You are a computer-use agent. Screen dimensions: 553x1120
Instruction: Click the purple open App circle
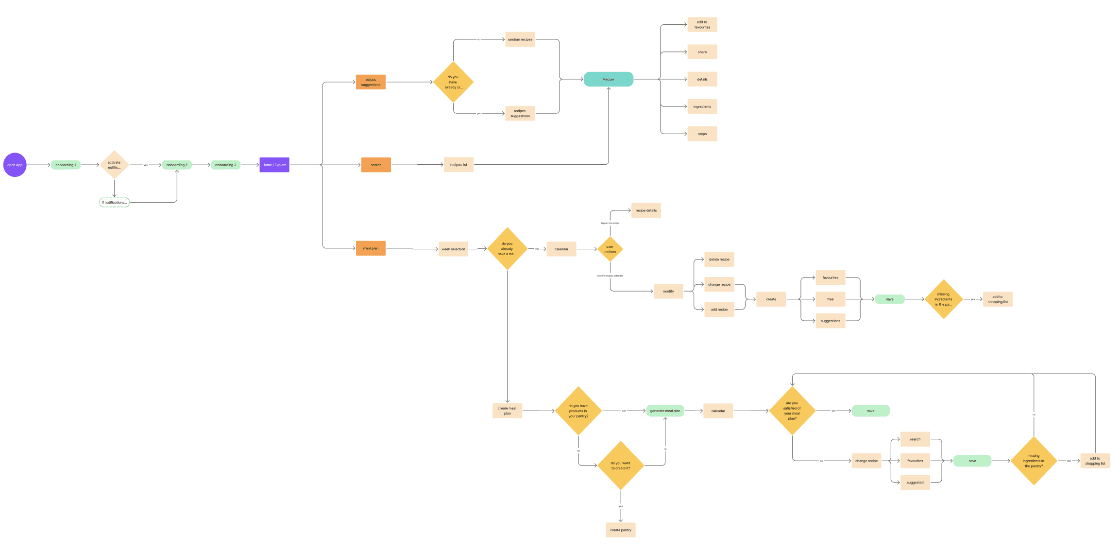pos(15,165)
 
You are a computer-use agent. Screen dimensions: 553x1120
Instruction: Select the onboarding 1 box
pos(66,165)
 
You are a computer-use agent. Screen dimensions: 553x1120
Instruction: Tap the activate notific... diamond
pos(114,165)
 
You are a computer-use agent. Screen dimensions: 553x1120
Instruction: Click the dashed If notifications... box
pos(114,203)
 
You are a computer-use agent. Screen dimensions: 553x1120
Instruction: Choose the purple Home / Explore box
pos(274,165)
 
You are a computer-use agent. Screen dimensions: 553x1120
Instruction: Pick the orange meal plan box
pos(371,248)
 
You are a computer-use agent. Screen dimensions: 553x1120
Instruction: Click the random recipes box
pos(520,39)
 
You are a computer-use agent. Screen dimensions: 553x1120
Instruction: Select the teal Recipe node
pos(608,79)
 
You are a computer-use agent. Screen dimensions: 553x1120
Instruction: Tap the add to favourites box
pos(702,25)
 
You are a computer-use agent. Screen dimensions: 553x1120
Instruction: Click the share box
pos(702,52)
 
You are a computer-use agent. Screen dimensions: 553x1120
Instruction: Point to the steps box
pos(702,134)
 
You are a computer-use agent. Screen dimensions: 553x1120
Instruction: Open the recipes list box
pos(458,165)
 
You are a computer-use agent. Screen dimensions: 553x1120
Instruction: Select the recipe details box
pos(646,210)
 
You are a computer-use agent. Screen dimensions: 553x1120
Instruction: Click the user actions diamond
pos(610,249)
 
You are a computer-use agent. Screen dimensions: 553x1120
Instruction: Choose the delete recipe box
pos(719,259)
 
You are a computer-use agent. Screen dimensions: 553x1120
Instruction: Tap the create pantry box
pos(621,530)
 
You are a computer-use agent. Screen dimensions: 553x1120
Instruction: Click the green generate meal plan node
pos(665,411)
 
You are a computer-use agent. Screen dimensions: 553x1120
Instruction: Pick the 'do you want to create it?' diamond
pos(621,466)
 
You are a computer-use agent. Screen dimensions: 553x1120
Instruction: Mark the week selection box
pos(453,249)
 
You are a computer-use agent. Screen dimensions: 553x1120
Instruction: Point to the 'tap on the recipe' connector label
pos(610,223)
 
